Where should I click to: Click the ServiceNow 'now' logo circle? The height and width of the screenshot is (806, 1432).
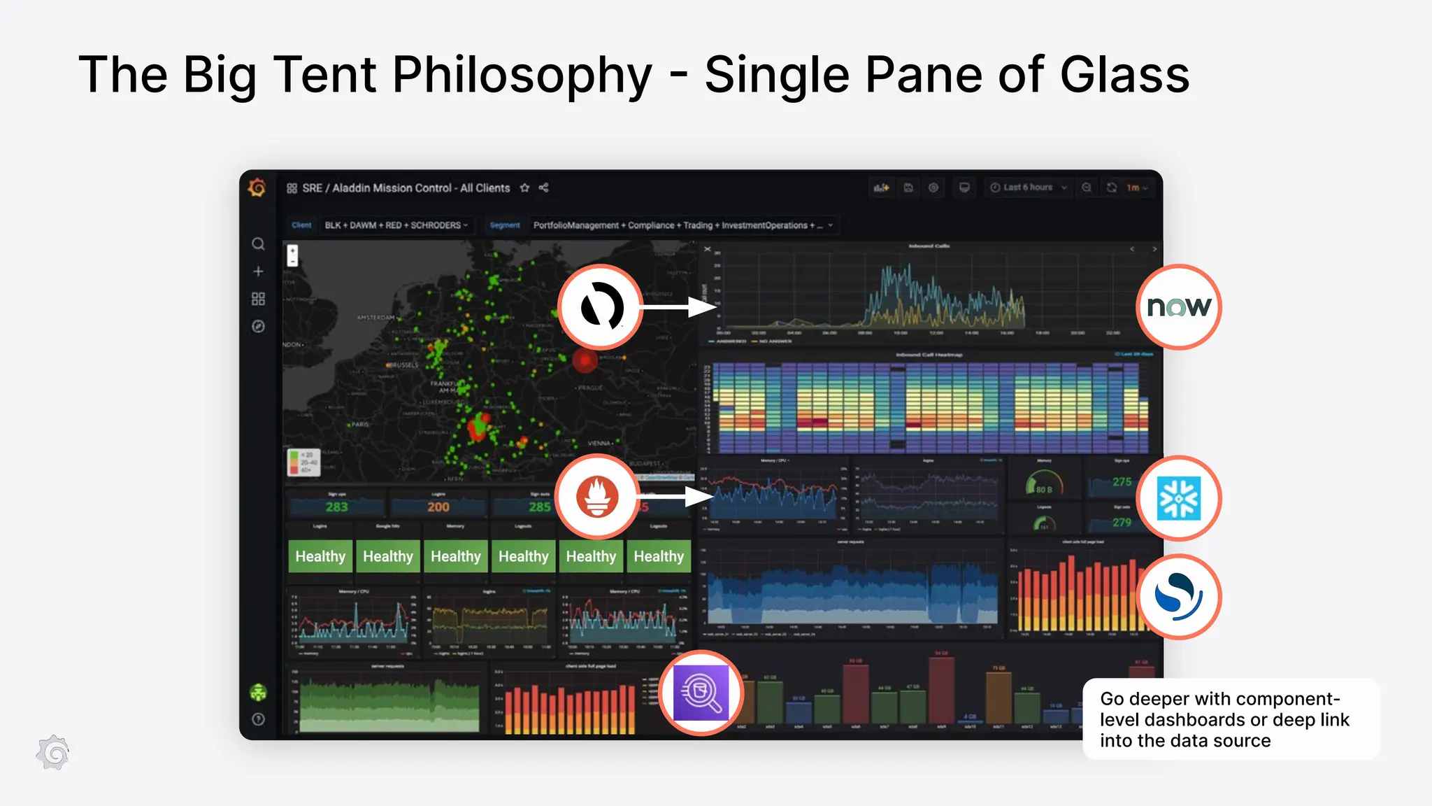(1179, 307)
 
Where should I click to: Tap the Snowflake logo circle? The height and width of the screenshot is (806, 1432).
(1179, 498)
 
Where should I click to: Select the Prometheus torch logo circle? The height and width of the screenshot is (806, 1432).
(597, 497)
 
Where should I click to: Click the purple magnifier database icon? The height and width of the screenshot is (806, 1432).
(701, 693)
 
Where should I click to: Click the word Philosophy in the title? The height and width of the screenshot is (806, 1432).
(522, 75)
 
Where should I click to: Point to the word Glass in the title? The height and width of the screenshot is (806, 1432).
(1124, 75)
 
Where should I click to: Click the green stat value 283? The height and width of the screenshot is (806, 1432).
(336, 507)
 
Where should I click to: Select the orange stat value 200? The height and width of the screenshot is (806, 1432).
(438, 507)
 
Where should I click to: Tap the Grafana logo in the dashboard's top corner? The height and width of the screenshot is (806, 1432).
(257, 188)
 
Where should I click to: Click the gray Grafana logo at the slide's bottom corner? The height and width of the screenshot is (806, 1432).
(53, 753)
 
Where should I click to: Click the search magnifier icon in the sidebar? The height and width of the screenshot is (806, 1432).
(258, 244)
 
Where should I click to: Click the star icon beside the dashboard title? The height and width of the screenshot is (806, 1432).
(524, 188)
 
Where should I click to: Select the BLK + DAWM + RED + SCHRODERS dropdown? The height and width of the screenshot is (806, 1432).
(396, 225)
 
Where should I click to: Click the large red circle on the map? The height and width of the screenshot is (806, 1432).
(585, 361)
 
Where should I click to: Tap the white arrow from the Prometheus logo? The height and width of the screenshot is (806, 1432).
(675, 497)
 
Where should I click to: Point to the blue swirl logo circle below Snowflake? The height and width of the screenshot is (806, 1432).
(1179, 596)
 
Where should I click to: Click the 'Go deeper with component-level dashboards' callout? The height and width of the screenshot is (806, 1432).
(1231, 719)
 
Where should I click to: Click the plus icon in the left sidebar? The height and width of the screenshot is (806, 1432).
(258, 271)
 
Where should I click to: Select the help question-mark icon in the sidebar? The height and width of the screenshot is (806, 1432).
(258, 719)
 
